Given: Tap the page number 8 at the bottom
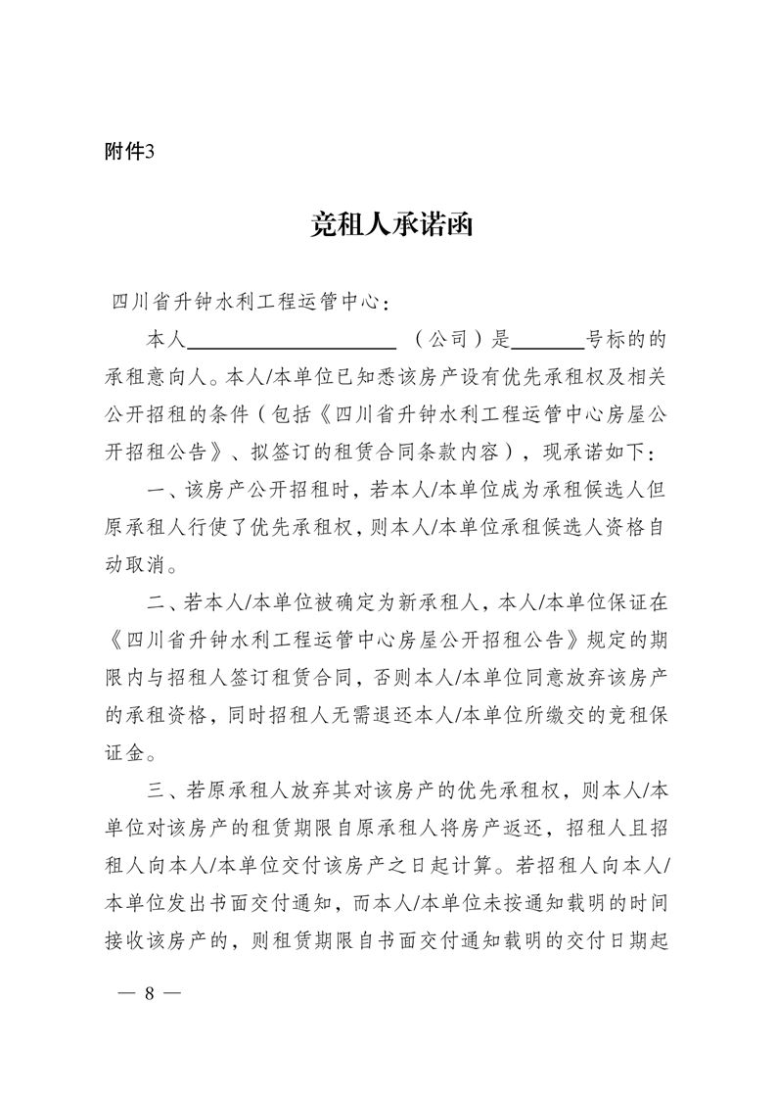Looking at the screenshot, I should pos(150,992).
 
